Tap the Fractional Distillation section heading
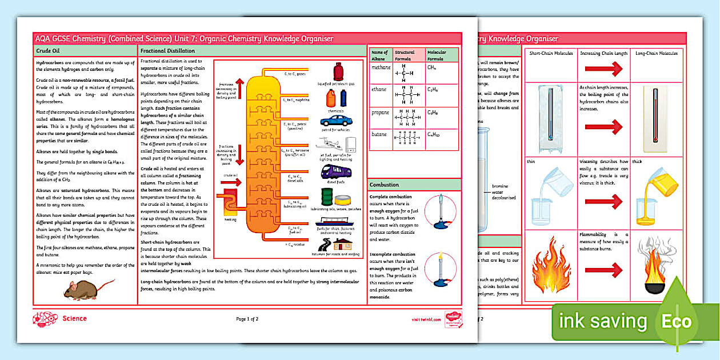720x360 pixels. pyautogui.click(x=169, y=51)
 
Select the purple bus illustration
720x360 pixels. pyautogui.click(x=336, y=171)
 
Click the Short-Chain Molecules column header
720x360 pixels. pyautogui.click(x=550, y=53)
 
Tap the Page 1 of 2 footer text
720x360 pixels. pyautogui.click(x=247, y=319)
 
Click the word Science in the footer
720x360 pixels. pyautogui.click(x=75, y=319)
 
